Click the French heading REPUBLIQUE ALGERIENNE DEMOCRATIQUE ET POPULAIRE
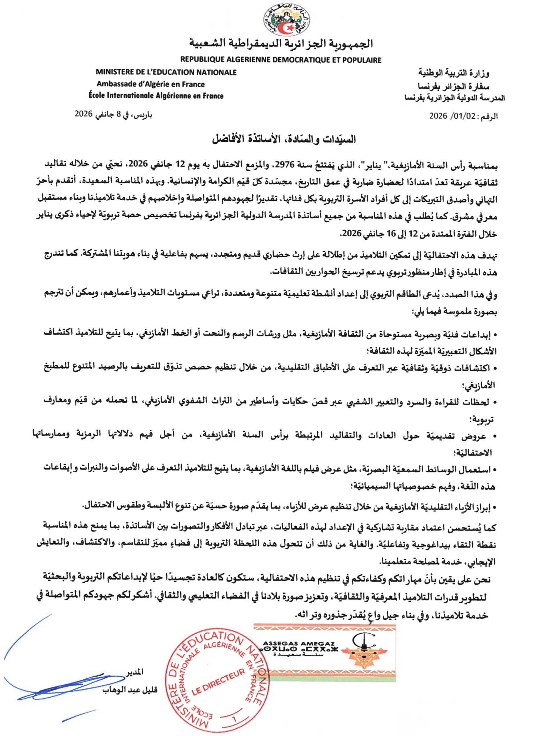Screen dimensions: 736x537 [x=281, y=60]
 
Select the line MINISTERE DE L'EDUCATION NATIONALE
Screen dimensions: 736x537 [x=166, y=72]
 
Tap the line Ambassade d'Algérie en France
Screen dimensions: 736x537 [x=150, y=84]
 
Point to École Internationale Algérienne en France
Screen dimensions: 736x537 [x=156, y=96]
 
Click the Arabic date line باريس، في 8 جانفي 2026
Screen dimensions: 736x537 [x=113, y=115]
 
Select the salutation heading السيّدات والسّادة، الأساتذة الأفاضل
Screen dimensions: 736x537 [x=284, y=139]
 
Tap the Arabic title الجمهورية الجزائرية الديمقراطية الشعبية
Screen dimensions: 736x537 [x=281, y=44]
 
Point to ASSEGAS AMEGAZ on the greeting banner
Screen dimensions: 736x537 [x=299, y=643]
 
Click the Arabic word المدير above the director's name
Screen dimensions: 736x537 [x=135, y=672]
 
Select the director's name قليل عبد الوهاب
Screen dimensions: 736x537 [x=130, y=690]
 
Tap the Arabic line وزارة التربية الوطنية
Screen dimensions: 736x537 [x=454, y=73]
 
